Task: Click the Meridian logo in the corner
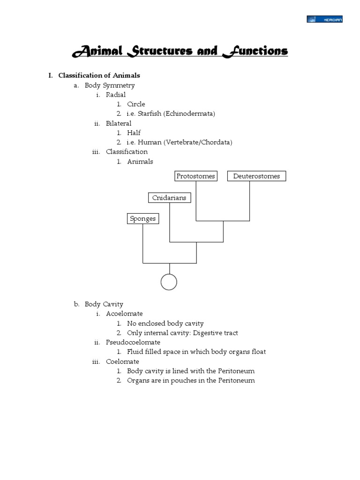(x=324, y=19)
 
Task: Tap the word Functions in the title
(x=255, y=51)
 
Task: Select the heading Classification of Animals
(x=99, y=75)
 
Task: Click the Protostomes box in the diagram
(x=195, y=176)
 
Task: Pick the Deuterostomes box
(x=256, y=176)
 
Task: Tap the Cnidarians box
(x=169, y=198)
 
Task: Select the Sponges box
(x=142, y=219)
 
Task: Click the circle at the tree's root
(x=169, y=282)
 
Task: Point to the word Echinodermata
(x=189, y=114)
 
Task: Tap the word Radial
(x=116, y=95)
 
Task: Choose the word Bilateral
(x=119, y=123)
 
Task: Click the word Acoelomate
(x=124, y=314)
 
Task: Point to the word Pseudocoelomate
(x=133, y=342)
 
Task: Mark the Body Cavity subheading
(x=104, y=304)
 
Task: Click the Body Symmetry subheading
(x=110, y=85)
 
